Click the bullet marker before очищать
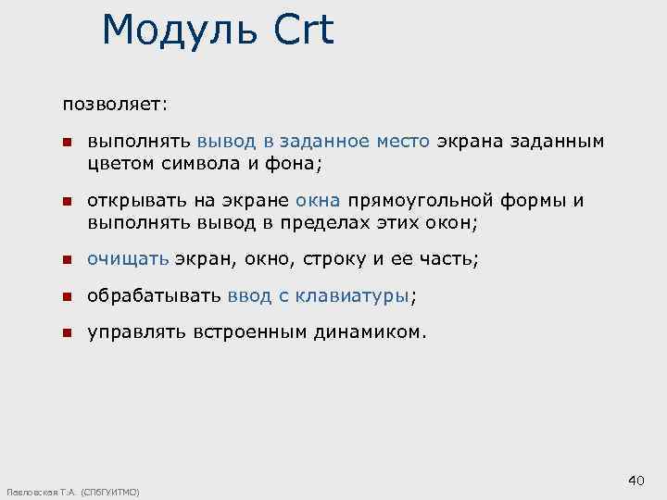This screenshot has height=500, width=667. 67,259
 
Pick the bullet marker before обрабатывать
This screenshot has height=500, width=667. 67,296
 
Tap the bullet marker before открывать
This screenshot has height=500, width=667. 67,201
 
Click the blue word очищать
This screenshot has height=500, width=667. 128,259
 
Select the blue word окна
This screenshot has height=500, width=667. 319,201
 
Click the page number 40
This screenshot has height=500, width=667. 636,480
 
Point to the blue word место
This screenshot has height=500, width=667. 403,142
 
